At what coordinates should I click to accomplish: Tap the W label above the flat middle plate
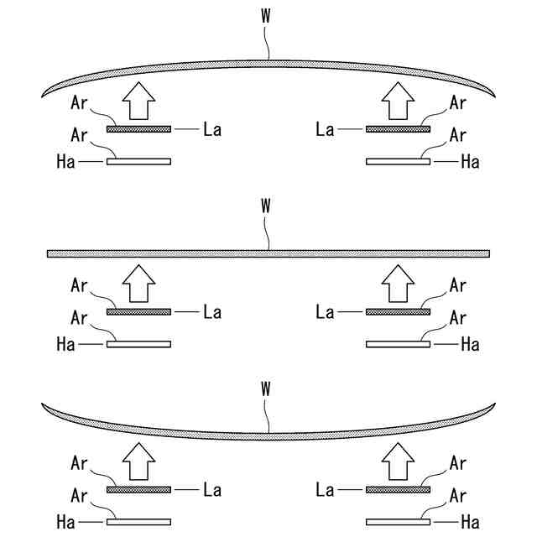[267, 204]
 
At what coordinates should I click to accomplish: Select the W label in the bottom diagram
[267, 388]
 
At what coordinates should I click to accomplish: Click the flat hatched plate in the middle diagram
[268, 253]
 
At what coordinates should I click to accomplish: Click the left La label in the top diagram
[212, 129]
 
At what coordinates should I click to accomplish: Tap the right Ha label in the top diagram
[470, 161]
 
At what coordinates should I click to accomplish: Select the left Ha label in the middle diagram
[65, 344]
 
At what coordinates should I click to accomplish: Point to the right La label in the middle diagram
[325, 312]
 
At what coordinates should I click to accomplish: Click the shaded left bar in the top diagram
[139, 129]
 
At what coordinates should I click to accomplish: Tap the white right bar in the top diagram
[398, 161]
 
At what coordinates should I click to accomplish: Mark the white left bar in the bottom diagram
[139, 522]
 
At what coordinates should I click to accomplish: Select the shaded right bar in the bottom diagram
[398, 490]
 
